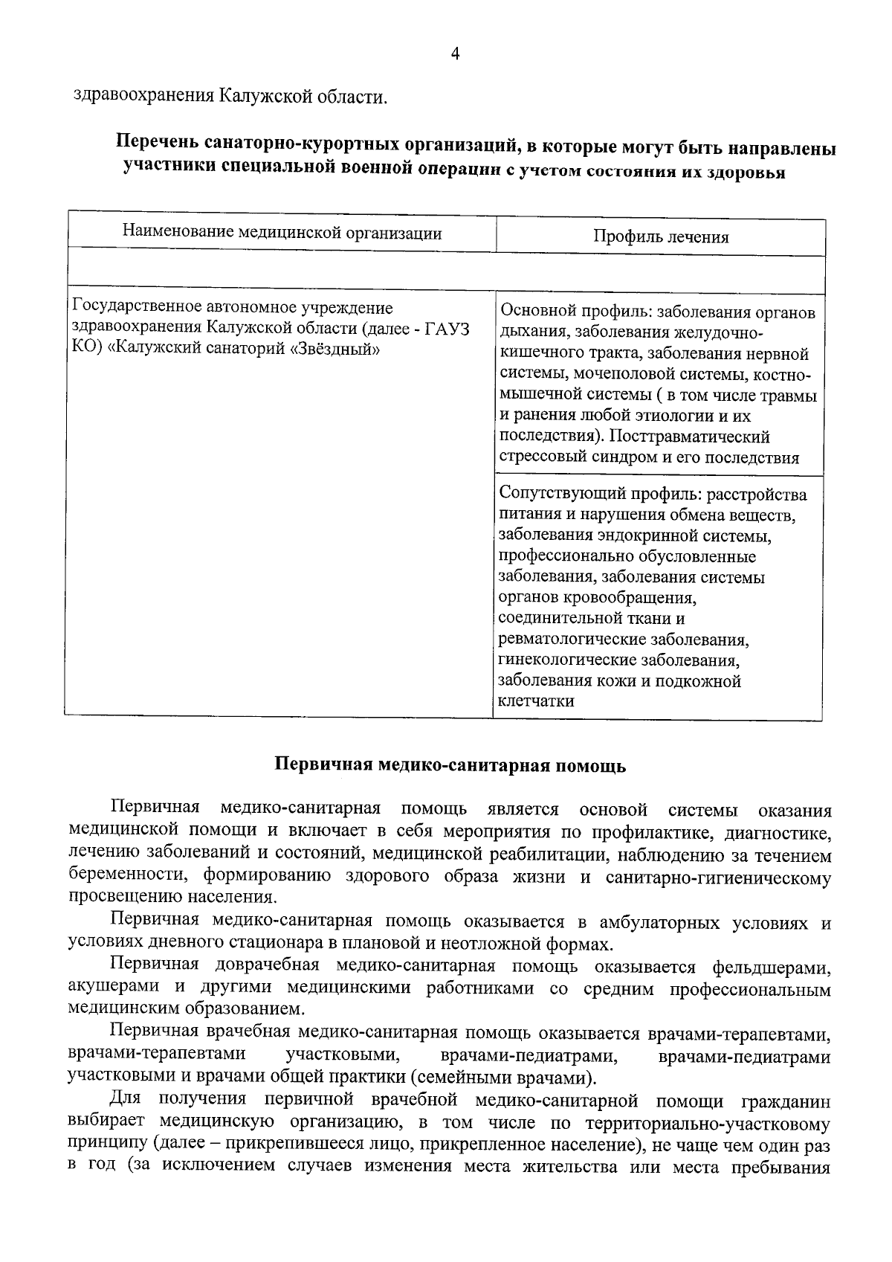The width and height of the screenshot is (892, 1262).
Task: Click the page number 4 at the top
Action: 455,54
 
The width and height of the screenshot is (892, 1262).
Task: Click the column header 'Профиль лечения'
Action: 660,237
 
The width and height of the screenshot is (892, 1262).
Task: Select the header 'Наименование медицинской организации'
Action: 282,234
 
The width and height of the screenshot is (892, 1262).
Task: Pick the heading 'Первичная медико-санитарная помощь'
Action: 451,766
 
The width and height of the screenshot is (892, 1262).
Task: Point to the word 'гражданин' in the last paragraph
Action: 786,1100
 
